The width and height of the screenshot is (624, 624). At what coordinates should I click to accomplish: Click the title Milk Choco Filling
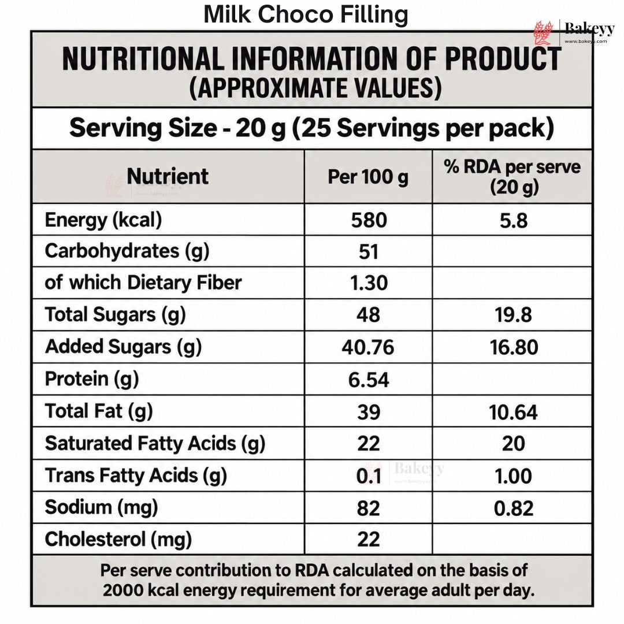coord(306,14)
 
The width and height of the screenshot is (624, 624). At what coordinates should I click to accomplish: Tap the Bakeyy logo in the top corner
coord(574,32)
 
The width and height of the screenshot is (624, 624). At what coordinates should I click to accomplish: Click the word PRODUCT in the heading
coord(503,59)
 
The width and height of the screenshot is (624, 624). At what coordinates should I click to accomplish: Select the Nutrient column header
coord(168,176)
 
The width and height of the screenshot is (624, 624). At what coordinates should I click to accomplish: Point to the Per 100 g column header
coord(368,177)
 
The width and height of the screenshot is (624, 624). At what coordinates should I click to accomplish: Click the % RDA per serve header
coord(512,177)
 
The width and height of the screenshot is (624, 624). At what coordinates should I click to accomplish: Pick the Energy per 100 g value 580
coord(369,220)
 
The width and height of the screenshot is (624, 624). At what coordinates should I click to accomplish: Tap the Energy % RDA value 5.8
coord(514,221)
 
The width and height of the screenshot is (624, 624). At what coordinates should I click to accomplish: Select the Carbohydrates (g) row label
coord(127,251)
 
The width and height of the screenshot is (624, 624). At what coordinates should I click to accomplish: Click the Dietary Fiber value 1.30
coord(369,283)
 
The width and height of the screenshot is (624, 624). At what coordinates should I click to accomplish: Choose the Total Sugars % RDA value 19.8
coord(514,315)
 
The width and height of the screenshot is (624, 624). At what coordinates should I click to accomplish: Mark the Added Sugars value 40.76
coord(368,347)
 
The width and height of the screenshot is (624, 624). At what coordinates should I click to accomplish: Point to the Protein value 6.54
coord(369,380)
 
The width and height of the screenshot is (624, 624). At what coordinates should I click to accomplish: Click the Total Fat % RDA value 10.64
coord(514,413)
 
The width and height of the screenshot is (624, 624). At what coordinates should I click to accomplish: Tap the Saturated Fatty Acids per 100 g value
coord(369,444)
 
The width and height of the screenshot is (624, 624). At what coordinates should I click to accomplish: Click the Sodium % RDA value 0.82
coord(514,508)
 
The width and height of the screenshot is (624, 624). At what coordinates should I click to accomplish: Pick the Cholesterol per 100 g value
coord(369,540)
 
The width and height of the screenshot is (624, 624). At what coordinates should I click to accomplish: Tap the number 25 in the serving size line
coord(317,128)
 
